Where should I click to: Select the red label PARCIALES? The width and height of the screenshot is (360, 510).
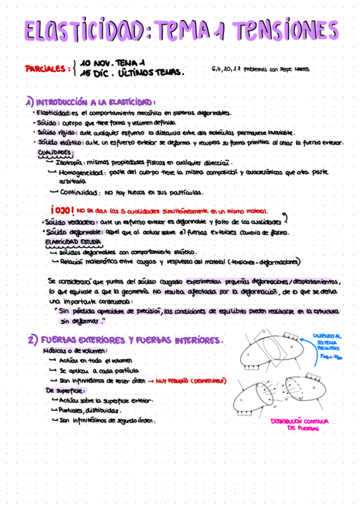pos(45,69)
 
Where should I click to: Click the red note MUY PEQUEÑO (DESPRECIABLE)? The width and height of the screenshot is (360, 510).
pos(192,381)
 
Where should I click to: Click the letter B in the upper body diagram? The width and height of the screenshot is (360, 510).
pos(291,347)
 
